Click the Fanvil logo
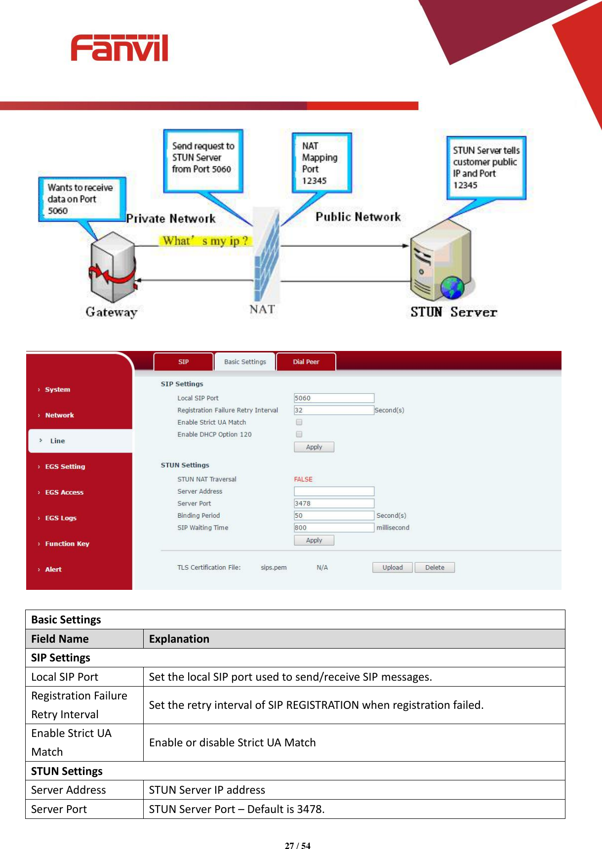pyautogui.click(x=119, y=48)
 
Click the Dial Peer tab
pyautogui.click(x=306, y=362)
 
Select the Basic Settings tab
pyautogui.click(x=245, y=362)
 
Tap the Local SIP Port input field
pyautogui.click(x=334, y=398)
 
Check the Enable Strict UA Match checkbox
pyautogui.click(x=299, y=422)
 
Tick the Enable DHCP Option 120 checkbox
pyautogui.click(x=299, y=434)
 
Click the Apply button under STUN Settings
pyautogui.click(x=314, y=540)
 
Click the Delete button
pyautogui.click(x=435, y=568)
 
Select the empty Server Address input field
pyautogui.click(x=334, y=491)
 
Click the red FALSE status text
pyautogui.click(x=303, y=479)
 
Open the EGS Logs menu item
pyautogui.click(x=61, y=518)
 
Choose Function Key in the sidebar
pyautogui.click(x=67, y=543)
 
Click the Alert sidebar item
pyautogui.click(x=53, y=569)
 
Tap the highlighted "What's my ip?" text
pyautogui.click(x=205, y=241)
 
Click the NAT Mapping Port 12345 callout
pyautogui.click(x=321, y=163)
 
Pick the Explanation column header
pyautogui.click(x=179, y=639)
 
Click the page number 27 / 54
pyautogui.click(x=298, y=846)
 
